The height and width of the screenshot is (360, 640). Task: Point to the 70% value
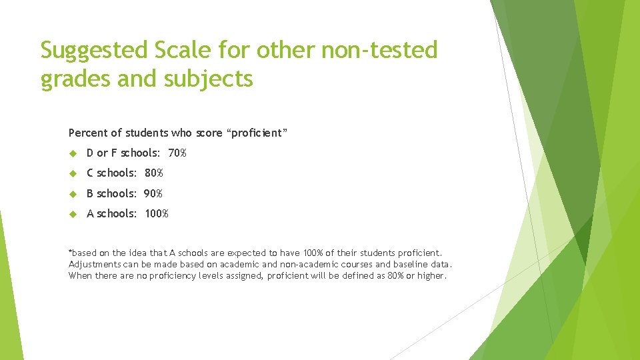pos(177,153)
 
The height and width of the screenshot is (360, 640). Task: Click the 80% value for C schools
pos(153,173)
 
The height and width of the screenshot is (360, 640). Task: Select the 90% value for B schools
pos(153,193)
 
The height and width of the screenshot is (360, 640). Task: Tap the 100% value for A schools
pos(156,214)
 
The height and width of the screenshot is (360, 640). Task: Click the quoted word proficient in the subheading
pos(258,133)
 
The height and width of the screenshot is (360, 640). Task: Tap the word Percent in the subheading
pos(87,133)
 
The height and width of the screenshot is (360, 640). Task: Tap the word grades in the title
pos(68,79)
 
